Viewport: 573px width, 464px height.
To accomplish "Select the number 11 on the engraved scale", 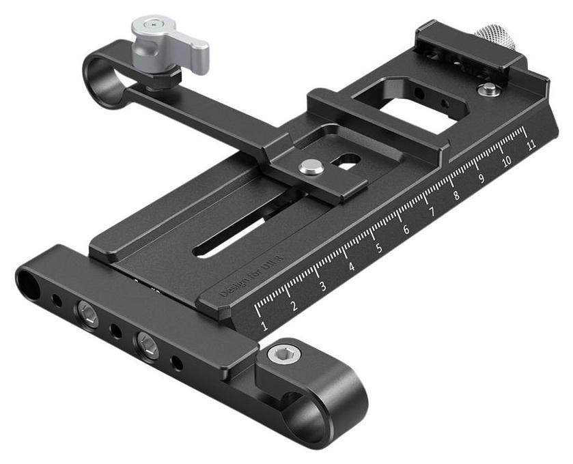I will [531, 144].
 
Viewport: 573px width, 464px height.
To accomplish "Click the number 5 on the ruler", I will [378, 248].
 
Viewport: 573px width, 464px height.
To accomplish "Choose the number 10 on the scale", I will [507, 161].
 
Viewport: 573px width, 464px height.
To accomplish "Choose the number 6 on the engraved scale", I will [406, 230].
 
